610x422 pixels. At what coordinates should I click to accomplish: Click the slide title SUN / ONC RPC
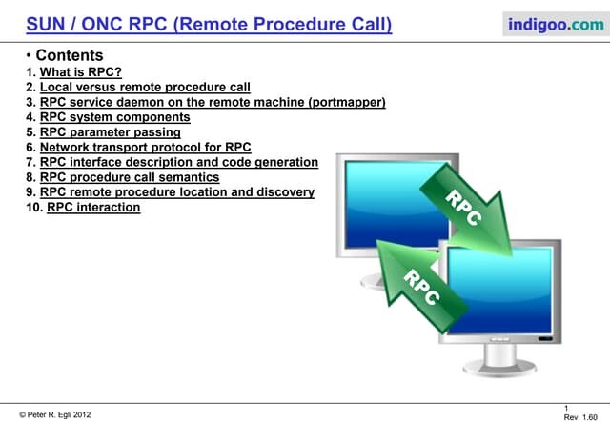pos(209,23)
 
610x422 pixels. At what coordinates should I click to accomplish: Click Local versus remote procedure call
pos(145,87)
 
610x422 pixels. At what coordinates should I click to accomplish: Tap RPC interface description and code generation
pos(178,162)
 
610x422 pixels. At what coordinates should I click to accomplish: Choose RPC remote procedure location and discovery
pos(176,192)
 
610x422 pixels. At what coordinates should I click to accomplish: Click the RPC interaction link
pos(93,208)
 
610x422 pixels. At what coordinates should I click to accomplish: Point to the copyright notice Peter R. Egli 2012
pos(56,415)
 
